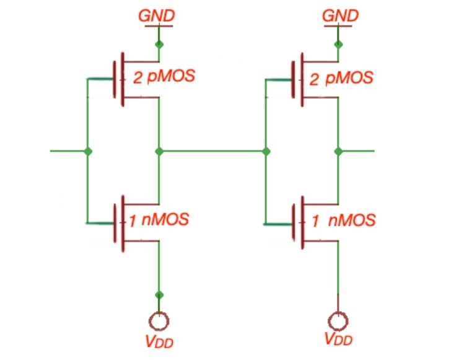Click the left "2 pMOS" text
click(164, 78)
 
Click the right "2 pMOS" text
click(343, 78)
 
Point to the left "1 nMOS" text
click(159, 219)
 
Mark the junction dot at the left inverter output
click(159, 151)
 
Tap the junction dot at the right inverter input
click(266, 151)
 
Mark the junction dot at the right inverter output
click(338, 151)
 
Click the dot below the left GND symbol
click(159, 44)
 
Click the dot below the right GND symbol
click(338, 44)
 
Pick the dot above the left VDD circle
click(159, 294)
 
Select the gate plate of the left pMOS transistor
click(115, 79)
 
